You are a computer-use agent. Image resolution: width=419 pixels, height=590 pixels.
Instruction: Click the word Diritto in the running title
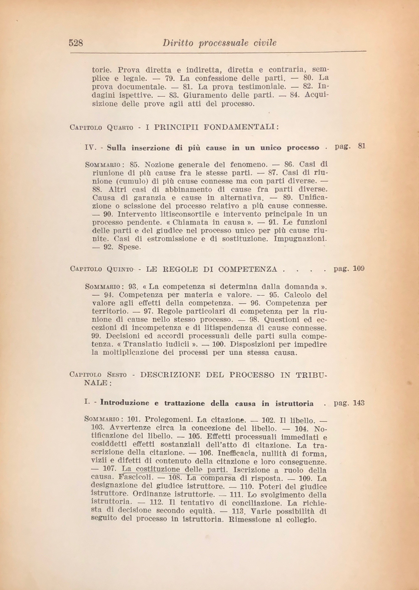pyautogui.click(x=177, y=43)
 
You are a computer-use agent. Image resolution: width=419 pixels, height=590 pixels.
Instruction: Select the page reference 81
pyautogui.click(x=362, y=146)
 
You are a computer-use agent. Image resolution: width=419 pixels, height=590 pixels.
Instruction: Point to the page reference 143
pyautogui.click(x=359, y=403)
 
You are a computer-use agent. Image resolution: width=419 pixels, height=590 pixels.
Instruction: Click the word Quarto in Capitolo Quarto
pyautogui.click(x=120, y=127)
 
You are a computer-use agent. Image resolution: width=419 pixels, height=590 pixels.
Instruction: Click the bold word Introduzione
pyautogui.click(x=125, y=403)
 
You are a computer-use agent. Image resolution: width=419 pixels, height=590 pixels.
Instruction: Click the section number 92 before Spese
pyautogui.click(x=108, y=247)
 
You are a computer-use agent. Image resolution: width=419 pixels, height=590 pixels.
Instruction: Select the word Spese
pyautogui.click(x=130, y=247)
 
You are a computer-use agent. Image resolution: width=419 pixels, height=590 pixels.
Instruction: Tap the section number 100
pyautogui.click(x=219, y=344)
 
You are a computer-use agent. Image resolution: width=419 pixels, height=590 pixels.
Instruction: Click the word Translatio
pyautogui.click(x=139, y=344)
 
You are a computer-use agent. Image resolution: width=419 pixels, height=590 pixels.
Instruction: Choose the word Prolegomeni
pyautogui.click(x=169, y=419)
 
